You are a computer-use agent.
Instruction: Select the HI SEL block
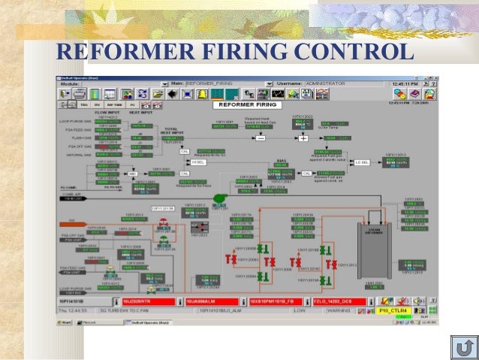coord(199,162)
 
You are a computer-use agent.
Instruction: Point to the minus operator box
coord(261,139)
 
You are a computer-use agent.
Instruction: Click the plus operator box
coord(303,139)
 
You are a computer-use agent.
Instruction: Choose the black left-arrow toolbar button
coord(172,93)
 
